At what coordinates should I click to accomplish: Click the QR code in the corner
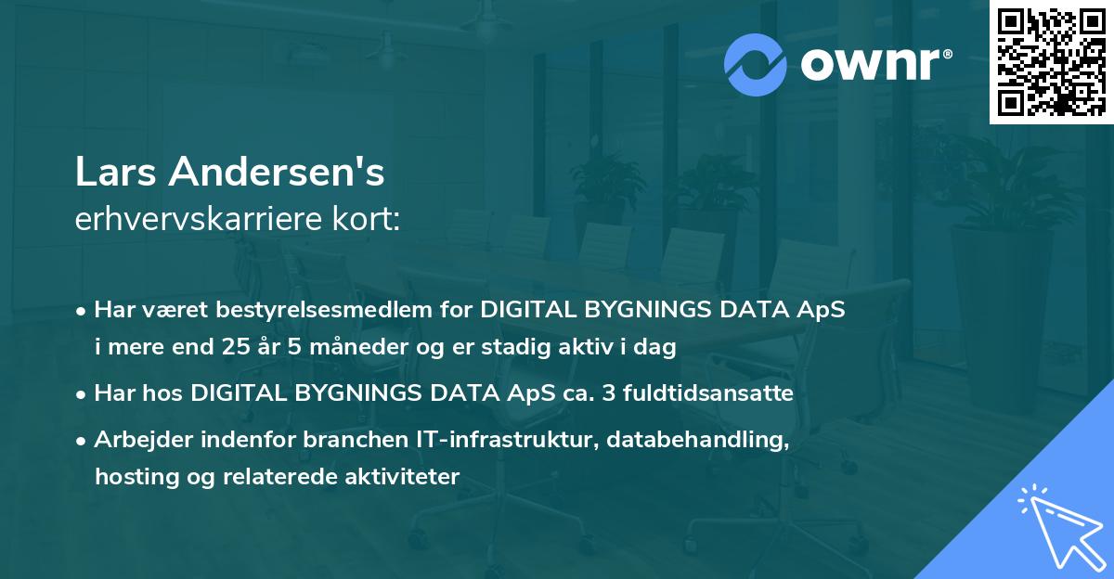point(1052,61)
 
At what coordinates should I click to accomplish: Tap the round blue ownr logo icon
point(757,62)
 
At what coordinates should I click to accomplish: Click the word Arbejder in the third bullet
point(136,439)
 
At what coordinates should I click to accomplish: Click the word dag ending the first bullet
point(658,348)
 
